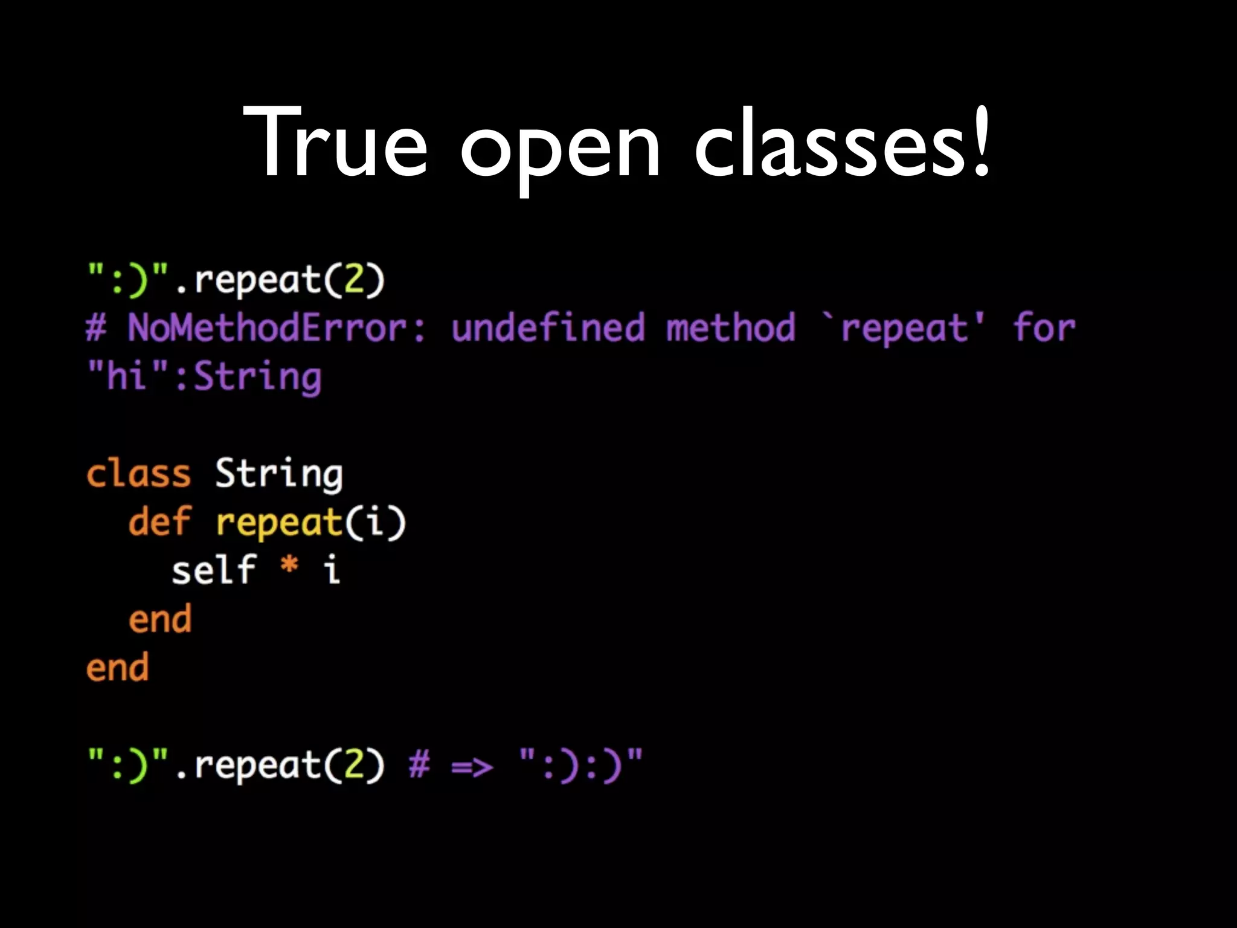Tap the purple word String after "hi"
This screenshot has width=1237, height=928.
pos(257,378)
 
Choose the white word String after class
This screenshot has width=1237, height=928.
pos(279,474)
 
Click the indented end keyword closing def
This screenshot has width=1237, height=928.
pos(159,619)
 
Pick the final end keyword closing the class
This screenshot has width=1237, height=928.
pos(117,668)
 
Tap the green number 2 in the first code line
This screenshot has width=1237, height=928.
pos(354,280)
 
